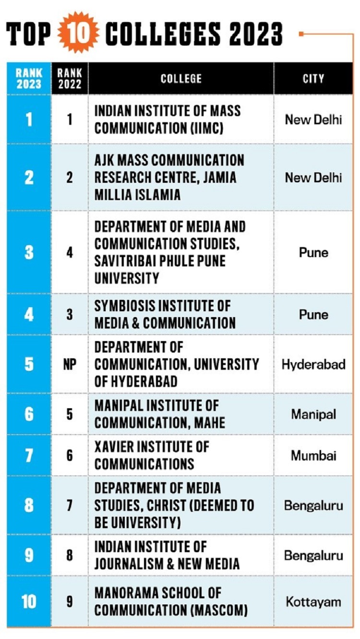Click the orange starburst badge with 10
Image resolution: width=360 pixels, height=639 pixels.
coord(78,32)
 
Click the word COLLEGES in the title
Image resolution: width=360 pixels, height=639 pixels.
coord(163,34)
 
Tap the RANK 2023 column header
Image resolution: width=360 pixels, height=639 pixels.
coord(29,79)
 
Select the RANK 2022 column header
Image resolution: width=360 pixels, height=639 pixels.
coord(70,79)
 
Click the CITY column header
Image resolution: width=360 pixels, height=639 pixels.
coord(313,79)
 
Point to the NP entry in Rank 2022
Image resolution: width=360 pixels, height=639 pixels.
coord(70,365)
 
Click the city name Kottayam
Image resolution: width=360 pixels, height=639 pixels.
coord(313,602)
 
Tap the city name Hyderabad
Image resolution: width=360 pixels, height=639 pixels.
coord(313,365)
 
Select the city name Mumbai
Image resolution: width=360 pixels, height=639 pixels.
coord(313,455)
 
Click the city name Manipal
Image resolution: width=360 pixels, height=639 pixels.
coord(313,414)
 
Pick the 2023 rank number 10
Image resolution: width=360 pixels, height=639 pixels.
coord(29,602)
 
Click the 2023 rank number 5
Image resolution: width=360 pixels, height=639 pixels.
coord(29,364)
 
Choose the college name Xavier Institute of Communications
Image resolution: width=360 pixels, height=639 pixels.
coord(152,455)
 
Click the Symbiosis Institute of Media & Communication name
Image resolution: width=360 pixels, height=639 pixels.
coord(165,314)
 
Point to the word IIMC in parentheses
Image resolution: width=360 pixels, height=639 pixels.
coord(207,128)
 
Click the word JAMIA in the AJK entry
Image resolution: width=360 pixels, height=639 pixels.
coord(219,177)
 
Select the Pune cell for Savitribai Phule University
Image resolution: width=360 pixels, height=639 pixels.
coord(313,253)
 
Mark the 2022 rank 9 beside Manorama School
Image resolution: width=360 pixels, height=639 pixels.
coord(70,602)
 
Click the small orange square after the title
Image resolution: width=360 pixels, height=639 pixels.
coord(301,34)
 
